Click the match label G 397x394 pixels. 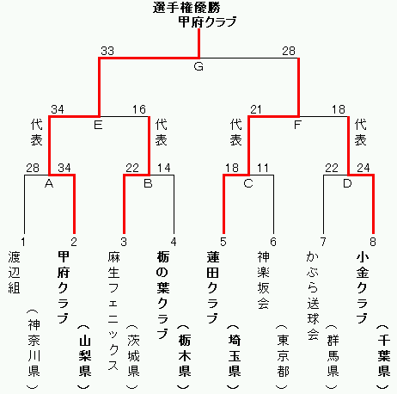coord(198,66)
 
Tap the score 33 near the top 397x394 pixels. coord(107,51)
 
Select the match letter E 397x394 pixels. coord(98,125)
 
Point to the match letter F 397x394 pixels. coord(297,125)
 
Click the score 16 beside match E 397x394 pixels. coord(139,109)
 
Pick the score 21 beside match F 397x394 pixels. coord(256,109)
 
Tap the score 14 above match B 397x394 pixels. coord(164,168)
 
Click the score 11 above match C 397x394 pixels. coord(263,168)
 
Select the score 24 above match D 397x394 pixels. coord(363,168)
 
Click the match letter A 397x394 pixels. coord(49,183)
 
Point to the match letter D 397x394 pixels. coord(347,183)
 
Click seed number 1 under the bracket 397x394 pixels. coord(23,242)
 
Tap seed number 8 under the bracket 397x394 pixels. coord(373,242)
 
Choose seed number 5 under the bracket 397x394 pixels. coord(223,242)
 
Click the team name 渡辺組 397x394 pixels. coord(14,273)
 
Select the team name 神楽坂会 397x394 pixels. coord(263,280)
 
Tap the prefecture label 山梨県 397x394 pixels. coord(85,356)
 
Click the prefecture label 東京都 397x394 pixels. coord(283,356)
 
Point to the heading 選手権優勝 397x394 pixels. coord(186,8)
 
